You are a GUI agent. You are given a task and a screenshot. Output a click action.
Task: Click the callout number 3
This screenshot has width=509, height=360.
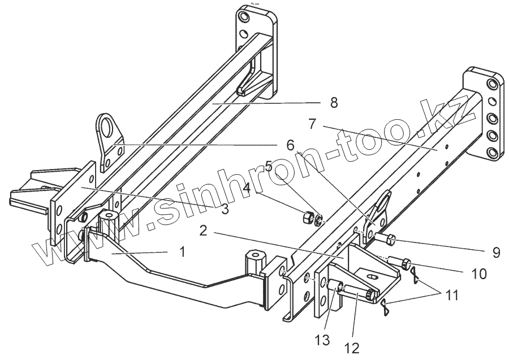pyautogui.click(x=225, y=209)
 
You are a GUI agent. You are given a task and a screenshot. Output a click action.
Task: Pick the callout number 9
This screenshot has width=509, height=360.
pyautogui.click(x=495, y=252)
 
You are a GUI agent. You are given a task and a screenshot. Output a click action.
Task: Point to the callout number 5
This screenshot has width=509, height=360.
pyautogui.click(x=269, y=167)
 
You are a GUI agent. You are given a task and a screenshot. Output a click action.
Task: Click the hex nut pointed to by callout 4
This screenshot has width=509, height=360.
pyautogui.click(x=309, y=216)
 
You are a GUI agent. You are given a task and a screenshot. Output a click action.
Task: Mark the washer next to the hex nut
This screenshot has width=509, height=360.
pyautogui.click(x=320, y=219)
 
